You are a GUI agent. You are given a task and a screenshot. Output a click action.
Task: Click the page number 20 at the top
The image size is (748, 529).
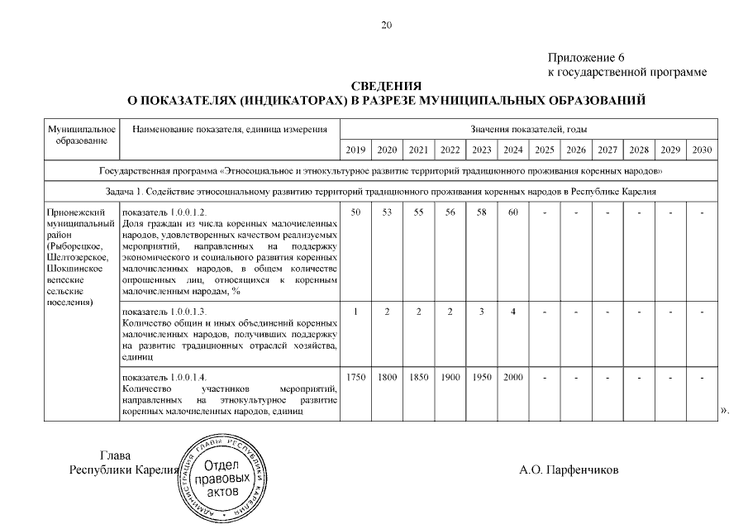pyautogui.click(x=386, y=24)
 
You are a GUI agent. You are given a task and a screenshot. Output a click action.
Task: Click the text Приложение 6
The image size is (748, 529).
pyautogui.click(x=585, y=58)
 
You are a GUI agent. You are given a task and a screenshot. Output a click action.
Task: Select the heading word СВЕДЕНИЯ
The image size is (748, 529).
pyautogui.click(x=386, y=87)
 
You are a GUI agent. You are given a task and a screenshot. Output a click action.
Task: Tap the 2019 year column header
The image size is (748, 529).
pyautogui.click(x=355, y=150)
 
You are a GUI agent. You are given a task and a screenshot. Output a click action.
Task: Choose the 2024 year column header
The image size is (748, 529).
pyautogui.click(x=512, y=150)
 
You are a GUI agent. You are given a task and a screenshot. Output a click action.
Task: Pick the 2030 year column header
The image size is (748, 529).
pyautogui.click(x=702, y=150)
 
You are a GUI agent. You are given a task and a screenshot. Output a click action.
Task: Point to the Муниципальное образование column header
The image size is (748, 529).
pyautogui.click(x=81, y=135)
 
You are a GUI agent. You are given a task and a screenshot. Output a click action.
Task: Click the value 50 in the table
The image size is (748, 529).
pyautogui.click(x=355, y=213)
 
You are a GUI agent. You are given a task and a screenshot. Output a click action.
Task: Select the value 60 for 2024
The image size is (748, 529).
pyautogui.click(x=512, y=213)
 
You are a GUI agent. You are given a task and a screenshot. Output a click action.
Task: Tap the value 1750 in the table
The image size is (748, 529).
pyautogui.click(x=355, y=378)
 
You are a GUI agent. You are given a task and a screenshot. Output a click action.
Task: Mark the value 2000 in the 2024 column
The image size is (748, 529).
pyautogui.click(x=512, y=378)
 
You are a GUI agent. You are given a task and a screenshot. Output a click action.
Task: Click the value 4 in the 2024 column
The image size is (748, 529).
pyautogui.click(x=512, y=312)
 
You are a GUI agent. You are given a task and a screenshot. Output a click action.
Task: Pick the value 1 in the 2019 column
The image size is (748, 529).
pyautogui.click(x=355, y=312)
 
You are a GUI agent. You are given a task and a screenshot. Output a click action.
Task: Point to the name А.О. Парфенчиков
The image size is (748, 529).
pyautogui.click(x=569, y=470)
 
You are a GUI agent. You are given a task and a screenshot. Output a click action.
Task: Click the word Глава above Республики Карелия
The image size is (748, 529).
pyautogui.click(x=115, y=455)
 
